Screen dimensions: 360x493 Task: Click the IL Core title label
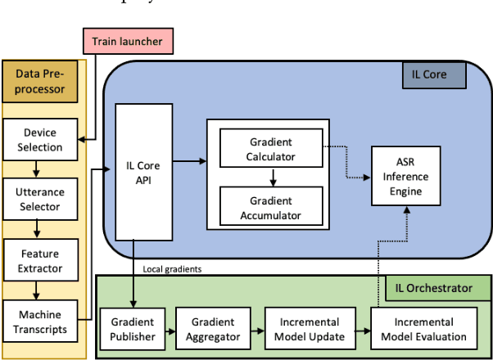pos(433,77)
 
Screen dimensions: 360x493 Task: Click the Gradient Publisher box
pos(133,329)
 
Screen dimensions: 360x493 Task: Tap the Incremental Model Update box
pos(310,329)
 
